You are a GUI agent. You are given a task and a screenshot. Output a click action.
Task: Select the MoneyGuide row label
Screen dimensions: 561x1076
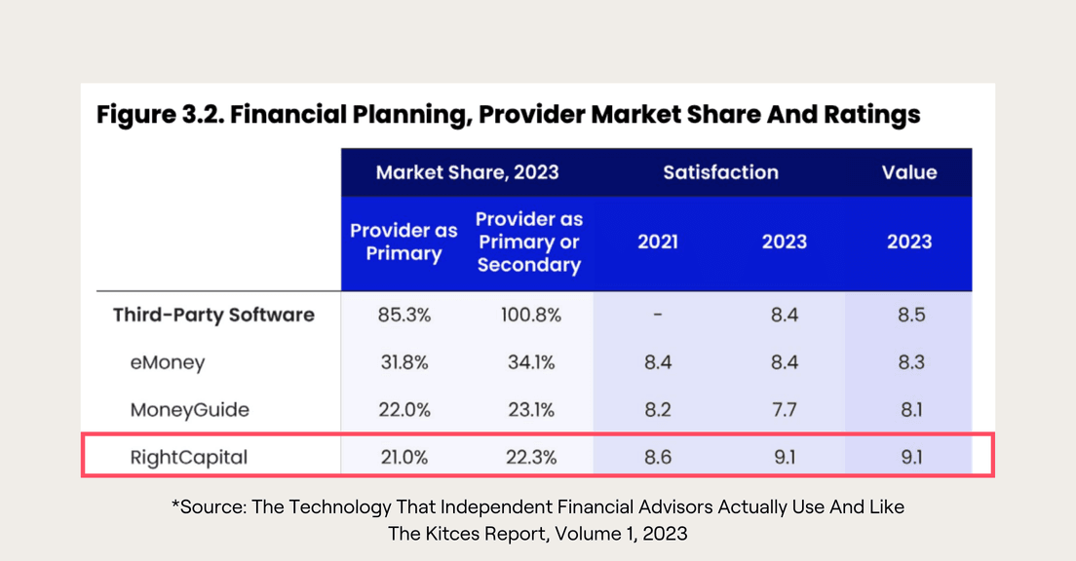[x=189, y=409]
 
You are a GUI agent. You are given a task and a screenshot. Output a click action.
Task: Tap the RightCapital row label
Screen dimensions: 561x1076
[x=188, y=457]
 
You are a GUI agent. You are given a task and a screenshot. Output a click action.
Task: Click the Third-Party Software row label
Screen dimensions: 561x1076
[x=213, y=315]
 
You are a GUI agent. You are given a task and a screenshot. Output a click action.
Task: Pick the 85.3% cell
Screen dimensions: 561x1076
[x=403, y=315]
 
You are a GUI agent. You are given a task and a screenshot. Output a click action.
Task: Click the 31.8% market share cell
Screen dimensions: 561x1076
[x=403, y=362]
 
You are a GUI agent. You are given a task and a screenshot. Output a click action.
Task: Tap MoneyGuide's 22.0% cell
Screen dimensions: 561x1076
[x=403, y=409]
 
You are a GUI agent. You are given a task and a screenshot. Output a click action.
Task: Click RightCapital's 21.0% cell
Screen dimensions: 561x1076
[x=403, y=457]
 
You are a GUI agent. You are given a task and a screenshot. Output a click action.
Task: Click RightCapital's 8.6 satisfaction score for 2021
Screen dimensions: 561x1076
[x=658, y=457]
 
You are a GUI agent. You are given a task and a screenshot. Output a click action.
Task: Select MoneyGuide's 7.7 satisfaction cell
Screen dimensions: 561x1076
[x=784, y=409]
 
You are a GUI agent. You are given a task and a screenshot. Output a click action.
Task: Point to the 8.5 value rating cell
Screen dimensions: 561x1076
[x=909, y=315]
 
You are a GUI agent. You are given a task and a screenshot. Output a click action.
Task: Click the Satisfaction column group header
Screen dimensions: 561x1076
[x=720, y=172]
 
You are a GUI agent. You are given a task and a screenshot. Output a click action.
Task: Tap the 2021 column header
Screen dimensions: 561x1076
[x=658, y=242]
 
